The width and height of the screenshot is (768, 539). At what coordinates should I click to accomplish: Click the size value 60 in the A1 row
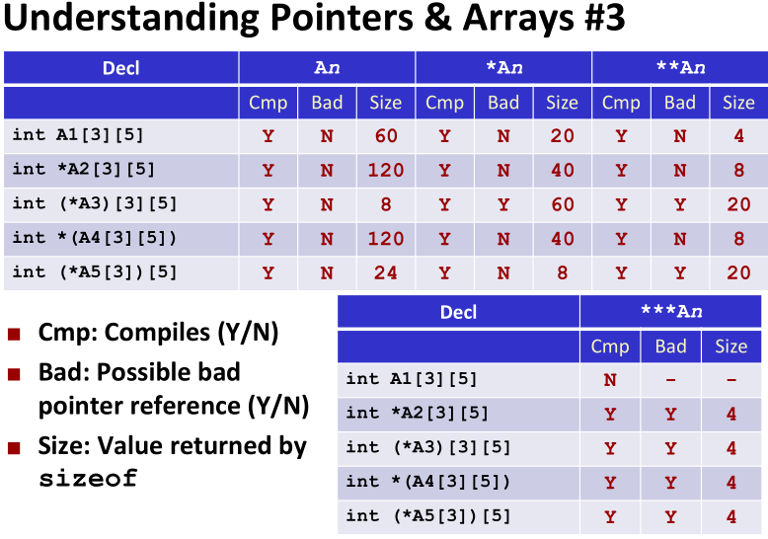[x=386, y=136]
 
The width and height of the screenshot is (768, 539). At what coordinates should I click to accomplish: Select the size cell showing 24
[x=386, y=272]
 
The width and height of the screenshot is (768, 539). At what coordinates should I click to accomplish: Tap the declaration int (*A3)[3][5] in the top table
[x=95, y=203]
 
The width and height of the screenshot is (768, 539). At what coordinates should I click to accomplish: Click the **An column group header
[x=681, y=67]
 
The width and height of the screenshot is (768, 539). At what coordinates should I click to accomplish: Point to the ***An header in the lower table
[x=671, y=311]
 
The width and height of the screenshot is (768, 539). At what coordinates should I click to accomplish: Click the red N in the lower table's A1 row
[x=610, y=380]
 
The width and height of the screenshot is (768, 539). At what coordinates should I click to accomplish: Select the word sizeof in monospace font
[x=88, y=478]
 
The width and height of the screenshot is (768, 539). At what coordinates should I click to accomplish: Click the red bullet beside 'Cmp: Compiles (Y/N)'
[x=14, y=335]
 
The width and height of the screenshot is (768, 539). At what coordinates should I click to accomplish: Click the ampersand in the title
[x=437, y=18]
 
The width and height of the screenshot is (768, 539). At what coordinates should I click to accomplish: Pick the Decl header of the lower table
[x=458, y=312]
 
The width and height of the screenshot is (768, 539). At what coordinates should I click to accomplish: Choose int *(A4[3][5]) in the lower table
[x=427, y=482]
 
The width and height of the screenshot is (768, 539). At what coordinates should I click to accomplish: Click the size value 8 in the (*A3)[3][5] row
[x=386, y=204]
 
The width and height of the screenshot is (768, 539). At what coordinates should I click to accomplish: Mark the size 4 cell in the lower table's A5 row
[x=731, y=517]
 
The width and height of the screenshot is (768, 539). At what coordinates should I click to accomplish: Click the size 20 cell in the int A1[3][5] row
[x=563, y=136]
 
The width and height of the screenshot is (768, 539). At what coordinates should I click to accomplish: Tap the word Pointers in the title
[x=342, y=18]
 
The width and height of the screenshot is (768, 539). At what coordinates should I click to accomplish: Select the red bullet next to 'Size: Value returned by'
[x=14, y=447]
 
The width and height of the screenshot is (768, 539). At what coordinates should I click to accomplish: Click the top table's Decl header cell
[x=121, y=68]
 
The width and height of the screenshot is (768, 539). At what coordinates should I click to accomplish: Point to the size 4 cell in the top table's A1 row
[x=738, y=136]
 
